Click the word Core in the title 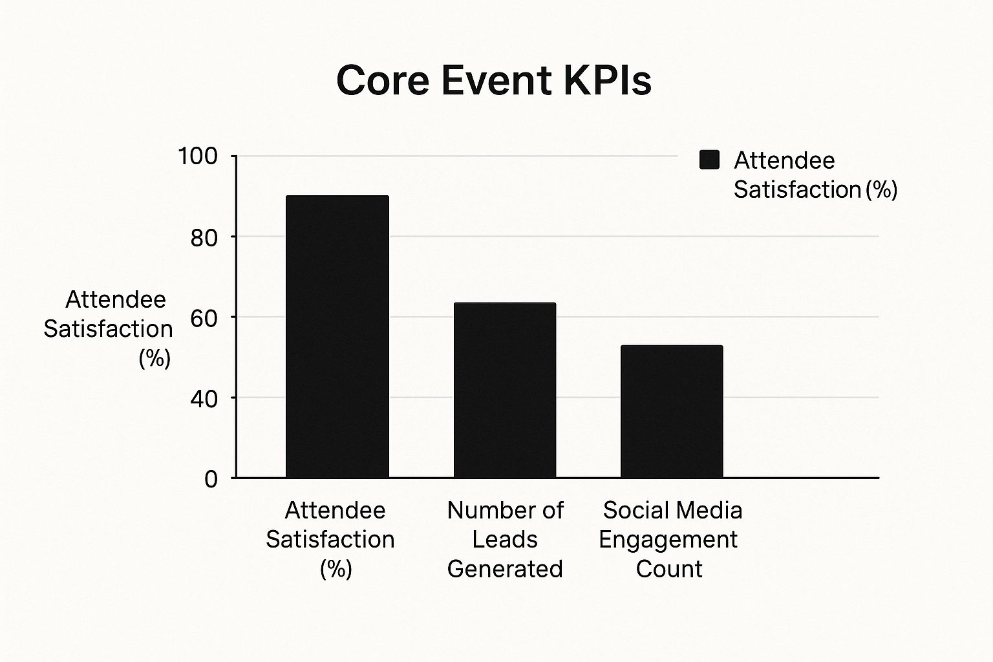(x=382, y=81)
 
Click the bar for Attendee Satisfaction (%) (x=337, y=336)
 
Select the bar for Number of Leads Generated (x=504, y=390)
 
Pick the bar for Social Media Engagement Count (x=672, y=411)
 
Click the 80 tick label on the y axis (x=204, y=238)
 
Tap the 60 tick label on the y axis (x=204, y=318)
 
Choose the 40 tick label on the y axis (x=204, y=399)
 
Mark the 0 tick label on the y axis (x=211, y=479)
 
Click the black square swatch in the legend (x=709, y=160)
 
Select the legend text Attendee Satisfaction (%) (x=815, y=175)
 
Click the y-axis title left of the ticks (x=108, y=328)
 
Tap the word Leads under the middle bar (x=505, y=539)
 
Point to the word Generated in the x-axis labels (x=505, y=569)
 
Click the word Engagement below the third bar (x=668, y=539)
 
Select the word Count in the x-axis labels (x=668, y=569)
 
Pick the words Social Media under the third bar (x=672, y=510)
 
